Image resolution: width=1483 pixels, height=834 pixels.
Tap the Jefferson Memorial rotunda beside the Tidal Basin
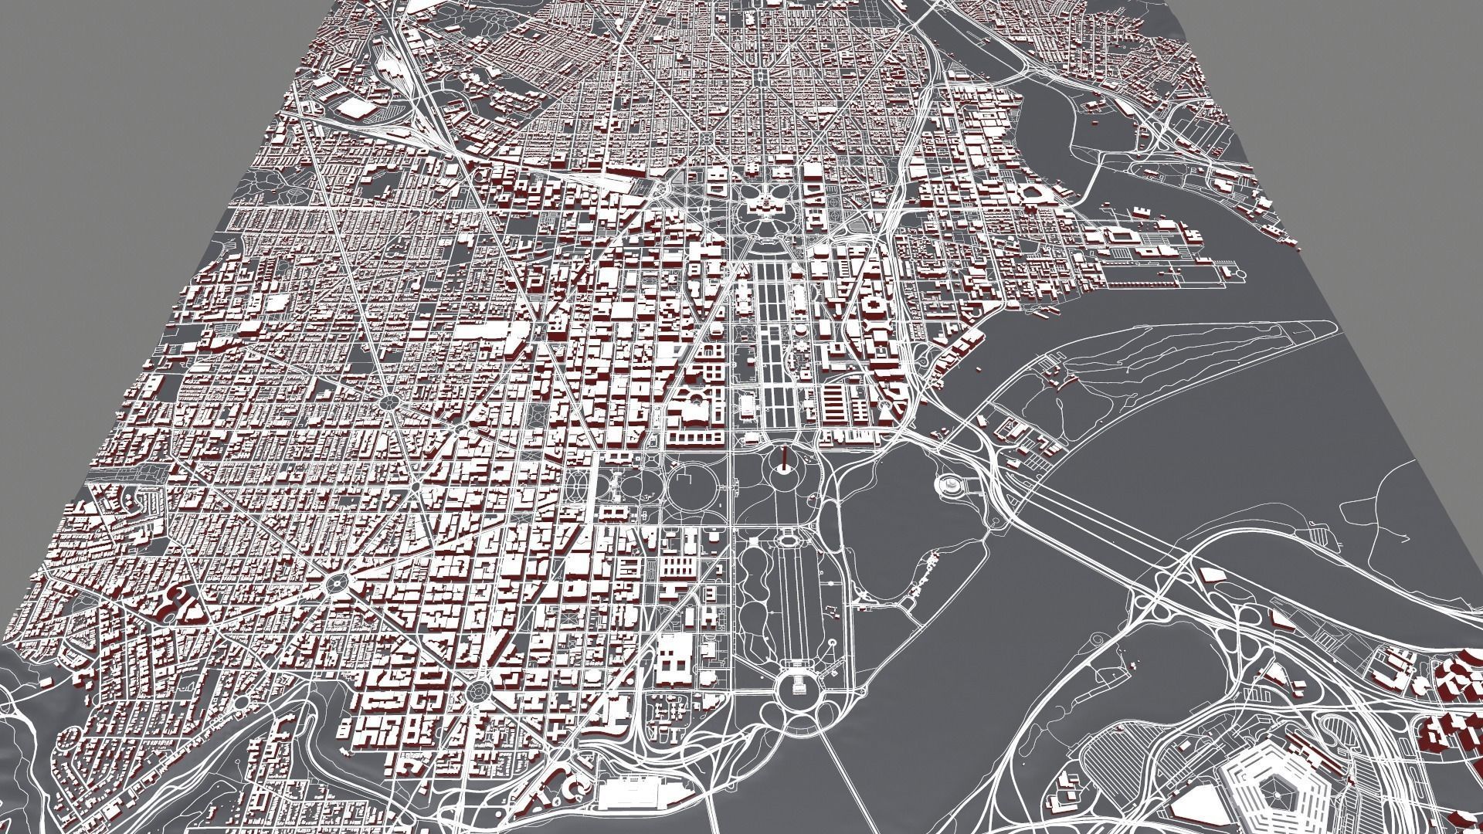(x=949, y=485)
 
